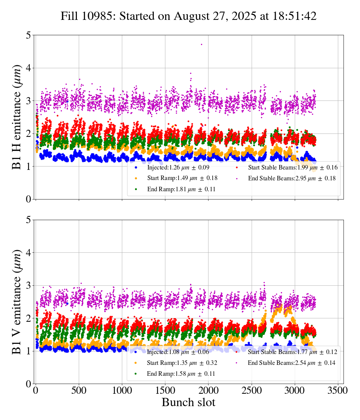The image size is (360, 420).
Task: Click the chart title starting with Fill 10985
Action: pyautogui.click(x=189, y=16)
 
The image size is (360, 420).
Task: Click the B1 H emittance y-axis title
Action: pyautogui.click(x=17, y=117)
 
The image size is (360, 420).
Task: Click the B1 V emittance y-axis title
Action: pyautogui.click(x=17, y=302)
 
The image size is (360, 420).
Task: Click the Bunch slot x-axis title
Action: pyautogui.click(x=189, y=403)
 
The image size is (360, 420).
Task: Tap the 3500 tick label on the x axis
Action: pyautogui.click(x=338, y=390)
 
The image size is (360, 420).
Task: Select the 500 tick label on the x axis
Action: pyautogui.click(x=79, y=390)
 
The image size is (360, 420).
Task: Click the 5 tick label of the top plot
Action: pyautogui.click(x=28, y=36)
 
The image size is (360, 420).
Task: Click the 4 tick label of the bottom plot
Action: pyautogui.click(x=28, y=253)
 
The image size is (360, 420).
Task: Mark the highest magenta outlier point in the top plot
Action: pyautogui.click(x=201, y=44)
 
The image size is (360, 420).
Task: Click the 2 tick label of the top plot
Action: pyautogui.click(x=28, y=134)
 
